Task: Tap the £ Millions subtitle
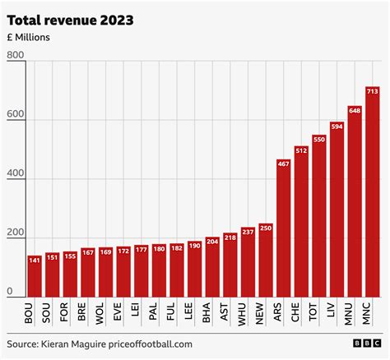(31, 37)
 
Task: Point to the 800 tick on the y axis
(16, 56)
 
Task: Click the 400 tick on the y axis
(16, 174)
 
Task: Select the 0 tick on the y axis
(10, 292)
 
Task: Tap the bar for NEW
(265, 259)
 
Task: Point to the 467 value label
(283, 164)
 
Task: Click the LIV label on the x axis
(337, 312)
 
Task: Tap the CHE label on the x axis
(301, 312)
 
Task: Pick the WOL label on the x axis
(105, 312)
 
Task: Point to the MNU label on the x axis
(355, 312)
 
